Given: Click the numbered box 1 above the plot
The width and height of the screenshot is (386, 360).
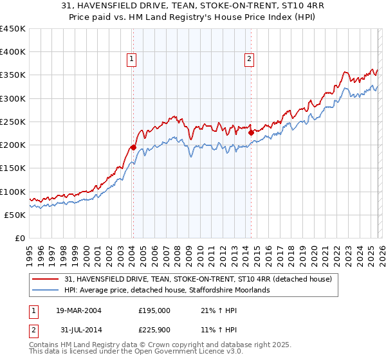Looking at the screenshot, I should coord(132,60).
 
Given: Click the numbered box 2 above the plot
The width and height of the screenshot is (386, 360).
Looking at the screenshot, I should coord(248,60).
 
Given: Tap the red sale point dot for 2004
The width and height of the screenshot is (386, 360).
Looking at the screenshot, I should coord(133,147).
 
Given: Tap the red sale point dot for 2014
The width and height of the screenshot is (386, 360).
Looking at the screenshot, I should coord(251,133).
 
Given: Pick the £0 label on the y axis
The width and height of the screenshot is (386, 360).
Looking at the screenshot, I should coord(20,239).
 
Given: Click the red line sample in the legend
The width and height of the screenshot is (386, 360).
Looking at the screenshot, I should coord(46,279).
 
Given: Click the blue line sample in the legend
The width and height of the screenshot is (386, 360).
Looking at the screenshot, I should coord(46,291).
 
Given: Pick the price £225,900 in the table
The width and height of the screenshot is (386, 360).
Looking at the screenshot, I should coord(154,330).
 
